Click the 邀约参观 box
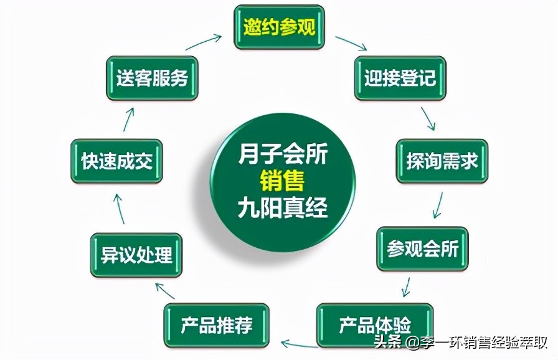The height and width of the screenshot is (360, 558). pyautogui.click(x=279, y=27)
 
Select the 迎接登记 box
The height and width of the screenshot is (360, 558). pyautogui.click(x=400, y=78)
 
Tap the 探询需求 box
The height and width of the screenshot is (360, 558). pyautogui.click(x=442, y=161)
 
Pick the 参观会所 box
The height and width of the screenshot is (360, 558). pyautogui.click(x=422, y=249)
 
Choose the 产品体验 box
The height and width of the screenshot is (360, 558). pyautogui.click(x=375, y=324)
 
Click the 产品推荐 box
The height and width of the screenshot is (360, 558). pyautogui.click(x=216, y=324)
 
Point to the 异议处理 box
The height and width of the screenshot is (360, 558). pyautogui.click(x=136, y=255)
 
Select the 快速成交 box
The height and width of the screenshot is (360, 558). pyautogui.click(x=116, y=161)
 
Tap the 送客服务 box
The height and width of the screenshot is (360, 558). pyautogui.click(x=152, y=78)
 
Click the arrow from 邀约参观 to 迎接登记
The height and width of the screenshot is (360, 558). pyautogui.click(x=351, y=43)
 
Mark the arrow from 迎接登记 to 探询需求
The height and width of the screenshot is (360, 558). pyautogui.click(x=428, y=118)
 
